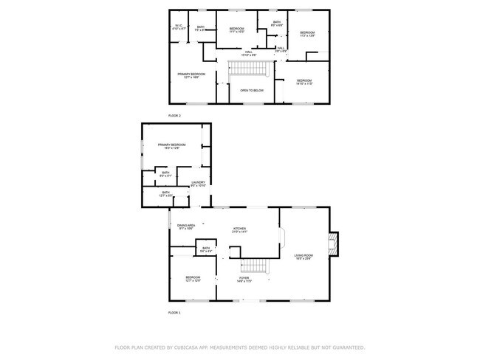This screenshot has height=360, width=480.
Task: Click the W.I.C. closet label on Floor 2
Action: [179, 28]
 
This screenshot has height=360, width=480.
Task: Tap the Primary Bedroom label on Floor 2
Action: [191, 75]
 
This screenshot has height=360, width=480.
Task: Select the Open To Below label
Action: [252, 91]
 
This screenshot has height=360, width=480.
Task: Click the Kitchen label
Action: [239, 230]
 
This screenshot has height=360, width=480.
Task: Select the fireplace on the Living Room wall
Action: [334, 243]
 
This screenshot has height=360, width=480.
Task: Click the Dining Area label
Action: [185, 226]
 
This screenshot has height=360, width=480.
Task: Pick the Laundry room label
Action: [199, 184]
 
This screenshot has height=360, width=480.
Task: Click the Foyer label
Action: [244, 280]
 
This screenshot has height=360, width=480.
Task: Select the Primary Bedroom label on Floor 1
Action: [169, 146]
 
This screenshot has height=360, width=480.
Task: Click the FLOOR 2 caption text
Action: [174, 116]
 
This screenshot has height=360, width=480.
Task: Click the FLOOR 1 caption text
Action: [174, 313]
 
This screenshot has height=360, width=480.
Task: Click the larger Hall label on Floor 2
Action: [250, 53]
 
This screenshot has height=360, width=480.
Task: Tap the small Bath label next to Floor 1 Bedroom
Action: [205, 250]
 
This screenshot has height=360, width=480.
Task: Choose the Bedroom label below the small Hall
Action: [304, 81]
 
